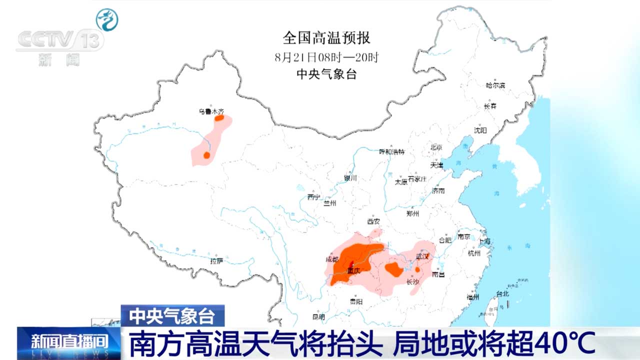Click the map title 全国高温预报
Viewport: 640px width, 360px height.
[x=326, y=38]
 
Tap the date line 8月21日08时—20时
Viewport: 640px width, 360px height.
[x=326, y=56]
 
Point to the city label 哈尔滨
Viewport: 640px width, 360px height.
[x=495, y=85]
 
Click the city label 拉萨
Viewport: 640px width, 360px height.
[x=216, y=260]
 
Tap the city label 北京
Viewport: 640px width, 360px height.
[x=436, y=147]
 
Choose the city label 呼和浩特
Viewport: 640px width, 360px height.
[x=391, y=151]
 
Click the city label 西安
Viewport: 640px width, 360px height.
[x=373, y=221]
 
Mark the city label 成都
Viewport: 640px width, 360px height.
[x=332, y=259]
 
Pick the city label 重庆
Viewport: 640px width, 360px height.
[x=354, y=271]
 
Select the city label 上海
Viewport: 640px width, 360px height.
[x=484, y=241]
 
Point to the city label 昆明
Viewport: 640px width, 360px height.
[x=318, y=316]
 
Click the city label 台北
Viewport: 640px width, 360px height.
[x=502, y=294]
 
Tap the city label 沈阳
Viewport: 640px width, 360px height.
[x=480, y=130]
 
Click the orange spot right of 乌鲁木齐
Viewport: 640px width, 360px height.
[x=219, y=118]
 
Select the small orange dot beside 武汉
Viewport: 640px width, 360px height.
[x=418, y=269]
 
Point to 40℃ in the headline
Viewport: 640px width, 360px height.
[x=565, y=343]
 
